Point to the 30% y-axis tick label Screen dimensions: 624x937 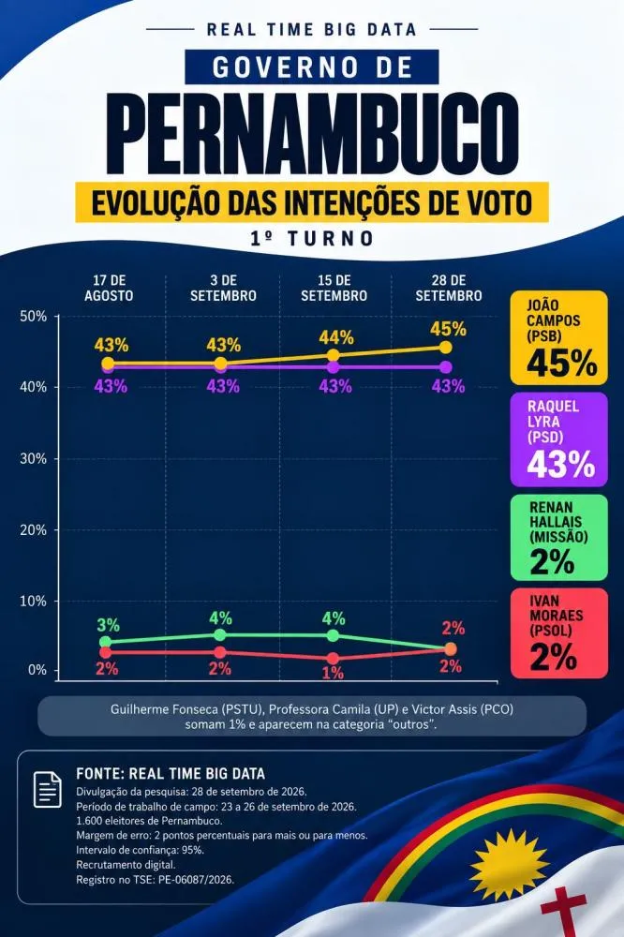tap(34, 458)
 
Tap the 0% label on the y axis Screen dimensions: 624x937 tap(37, 669)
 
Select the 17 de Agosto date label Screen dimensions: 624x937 tap(109, 288)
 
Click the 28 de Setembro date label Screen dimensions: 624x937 tap(448, 288)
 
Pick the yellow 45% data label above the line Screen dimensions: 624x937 tap(448, 328)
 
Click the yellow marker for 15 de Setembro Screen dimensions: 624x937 tap(333, 355)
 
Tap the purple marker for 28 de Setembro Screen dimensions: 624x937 tap(445, 367)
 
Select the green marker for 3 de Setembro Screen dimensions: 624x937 tap(220, 634)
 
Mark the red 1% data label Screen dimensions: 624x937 tap(333, 673)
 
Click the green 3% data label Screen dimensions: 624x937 tap(108, 625)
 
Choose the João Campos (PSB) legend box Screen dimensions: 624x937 tap(558, 337)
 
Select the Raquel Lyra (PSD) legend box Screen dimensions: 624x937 tap(558, 439)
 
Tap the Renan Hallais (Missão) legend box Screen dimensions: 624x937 tap(558, 537)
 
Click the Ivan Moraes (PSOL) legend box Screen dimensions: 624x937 tap(558, 632)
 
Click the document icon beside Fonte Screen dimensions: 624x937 tap(47, 789)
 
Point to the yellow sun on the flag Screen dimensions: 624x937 tap(510, 864)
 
